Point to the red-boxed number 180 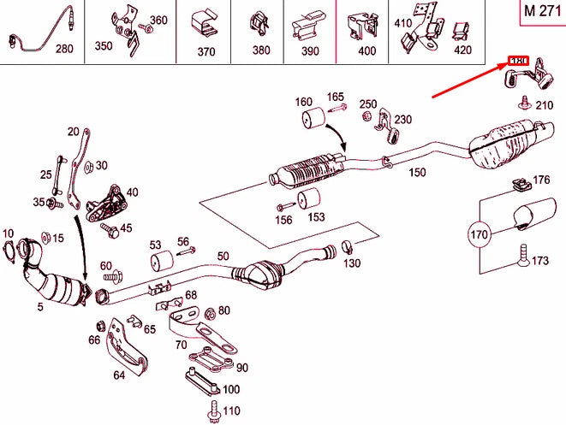tap(519, 62)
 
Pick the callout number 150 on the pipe tap(416, 173)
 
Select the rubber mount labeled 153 tap(307, 204)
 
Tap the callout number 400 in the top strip tap(366, 51)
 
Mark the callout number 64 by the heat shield tap(119, 373)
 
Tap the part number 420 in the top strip tap(462, 50)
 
